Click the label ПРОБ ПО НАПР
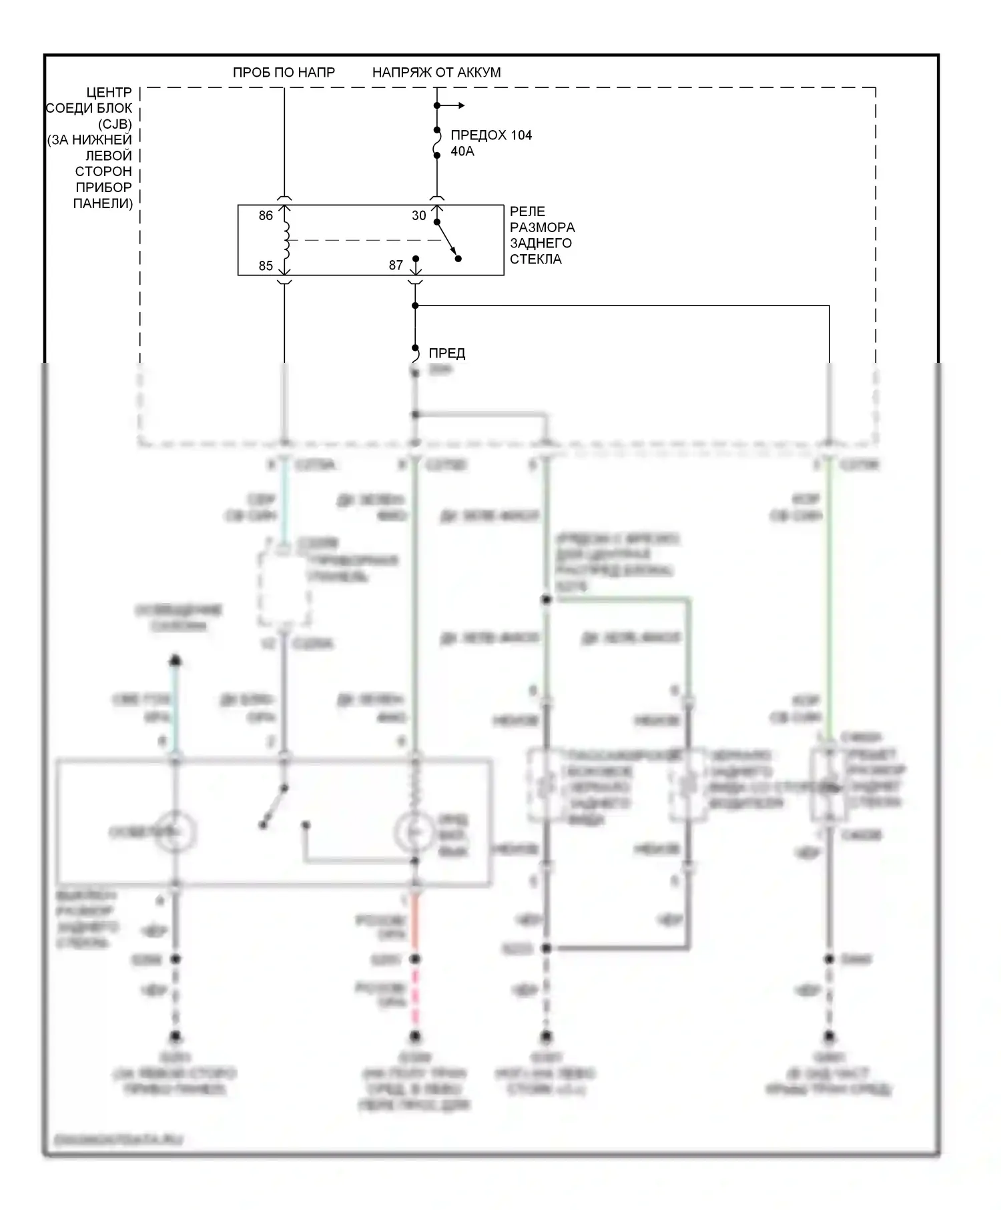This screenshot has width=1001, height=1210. tap(284, 72)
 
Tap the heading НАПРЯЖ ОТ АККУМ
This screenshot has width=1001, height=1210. tap(436, 72)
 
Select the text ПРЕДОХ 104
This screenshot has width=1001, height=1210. tap(491, 135)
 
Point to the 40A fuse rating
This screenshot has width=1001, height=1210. tap(462, 151)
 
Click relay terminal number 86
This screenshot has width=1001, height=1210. tap(266, 215)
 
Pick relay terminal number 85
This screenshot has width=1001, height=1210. tap(266, 265)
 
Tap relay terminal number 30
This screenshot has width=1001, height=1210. tap(418, 215)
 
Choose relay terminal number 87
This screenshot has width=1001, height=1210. tap(396, 265)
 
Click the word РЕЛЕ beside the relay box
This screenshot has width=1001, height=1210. tap(527, 211)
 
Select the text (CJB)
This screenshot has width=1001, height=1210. tap(115, 124)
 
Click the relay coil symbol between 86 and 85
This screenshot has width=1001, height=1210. tap(286, 240)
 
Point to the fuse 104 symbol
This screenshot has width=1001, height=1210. tap(437, 143)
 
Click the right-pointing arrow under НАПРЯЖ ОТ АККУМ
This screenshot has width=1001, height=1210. tap(459, 105)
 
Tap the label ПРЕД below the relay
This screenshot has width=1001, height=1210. tap(446, 353)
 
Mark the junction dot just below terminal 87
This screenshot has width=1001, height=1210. tap(415, 306)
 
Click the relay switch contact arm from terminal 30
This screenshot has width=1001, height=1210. tap(448, 240)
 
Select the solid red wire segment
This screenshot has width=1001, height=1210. tap(414, 924)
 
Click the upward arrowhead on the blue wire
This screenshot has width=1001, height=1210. tap(176, 660)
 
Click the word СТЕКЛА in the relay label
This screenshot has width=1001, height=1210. tap(535, 259)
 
